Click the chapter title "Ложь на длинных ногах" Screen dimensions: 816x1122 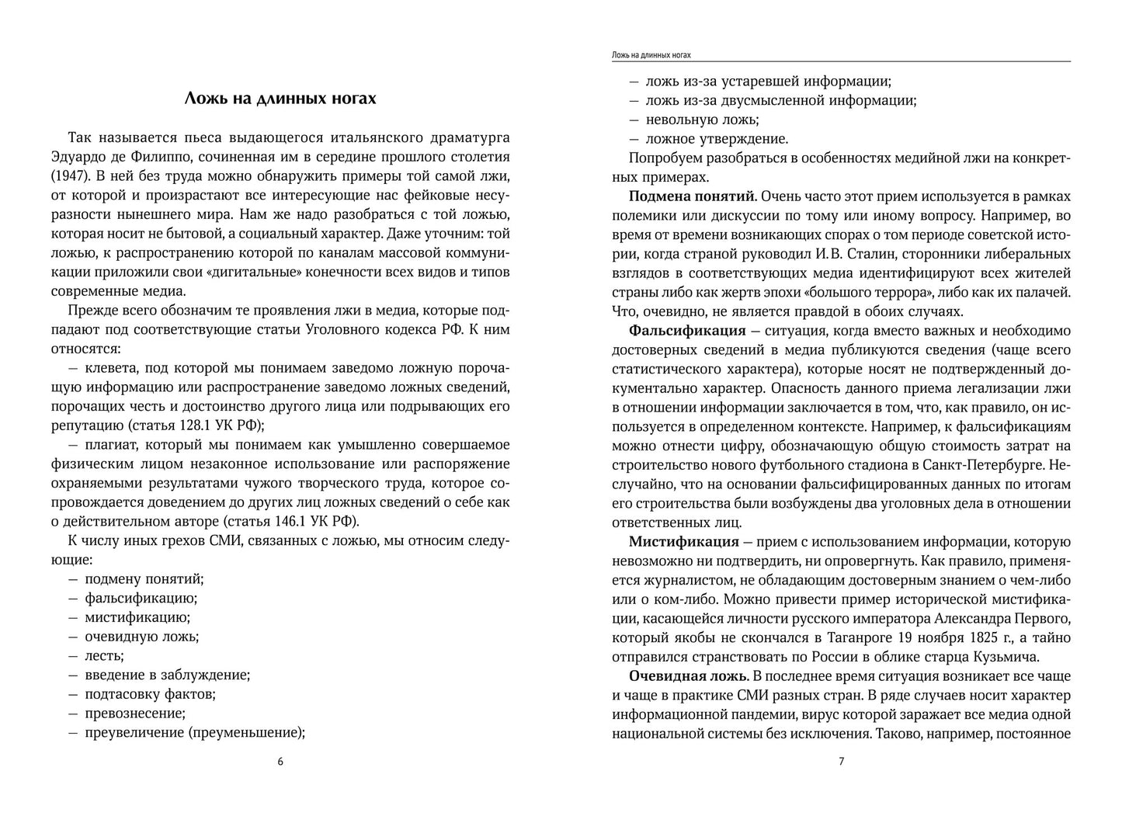(x=280, y=99)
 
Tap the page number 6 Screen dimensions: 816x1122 (x=280, y=762)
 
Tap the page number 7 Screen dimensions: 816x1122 (x=841, y=762)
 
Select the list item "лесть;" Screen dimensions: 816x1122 (x=101, y=655)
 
